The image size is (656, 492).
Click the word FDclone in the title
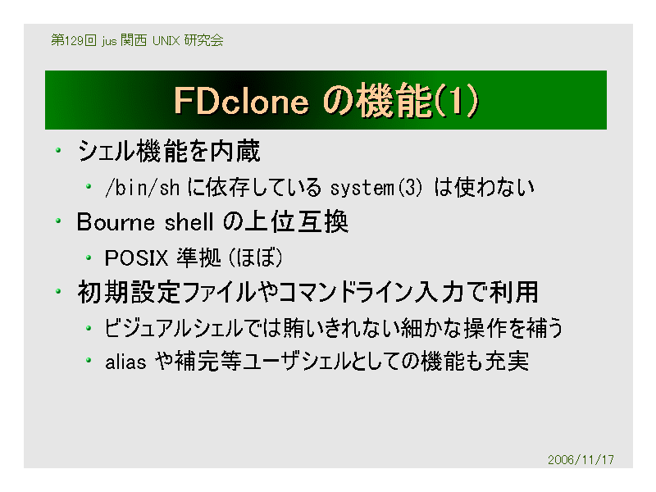click(x=241, y=101)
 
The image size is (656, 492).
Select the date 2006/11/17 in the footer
click(x=581, y=460)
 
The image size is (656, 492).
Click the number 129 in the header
click(x=74, y=40)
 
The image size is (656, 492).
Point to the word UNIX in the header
click(x=166, y=40)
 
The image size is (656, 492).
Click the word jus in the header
click(x=109, y=41)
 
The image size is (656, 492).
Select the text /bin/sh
click(x=142, y=188)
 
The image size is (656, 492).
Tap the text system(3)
click(x=376, y=188)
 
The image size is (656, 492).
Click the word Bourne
click(x=116, y=221)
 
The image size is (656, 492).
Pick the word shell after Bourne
click(x=189, y=221)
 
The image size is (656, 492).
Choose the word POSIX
click(x=136, y=257)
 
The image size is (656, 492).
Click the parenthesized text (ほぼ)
click(x=256, y=257)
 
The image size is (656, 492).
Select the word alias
click(x=125, y=362)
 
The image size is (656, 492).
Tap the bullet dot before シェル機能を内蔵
click(x=58, y=150)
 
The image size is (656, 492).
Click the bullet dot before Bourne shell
click(x=58, y=221)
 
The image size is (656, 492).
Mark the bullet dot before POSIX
click(x=89, y=257)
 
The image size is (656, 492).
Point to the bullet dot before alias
click(x=89, y=360)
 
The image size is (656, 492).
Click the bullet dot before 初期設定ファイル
click(x=58, y=291)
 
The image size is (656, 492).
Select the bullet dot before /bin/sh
click(x=89, y=186)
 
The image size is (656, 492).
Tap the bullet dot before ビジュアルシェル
click(x=89, y=327)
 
